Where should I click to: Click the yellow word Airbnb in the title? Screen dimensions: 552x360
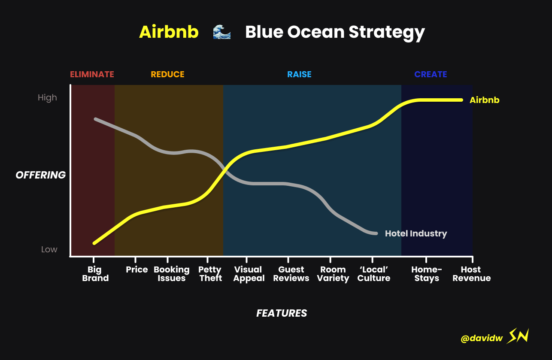point(169,32)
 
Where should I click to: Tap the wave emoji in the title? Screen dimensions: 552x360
point(222,32)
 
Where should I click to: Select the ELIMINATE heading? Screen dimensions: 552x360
point(92,74)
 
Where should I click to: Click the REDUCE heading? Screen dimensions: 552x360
point(167,74)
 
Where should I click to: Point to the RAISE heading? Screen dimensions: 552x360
point(300,74)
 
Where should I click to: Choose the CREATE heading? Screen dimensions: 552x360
point(431,74)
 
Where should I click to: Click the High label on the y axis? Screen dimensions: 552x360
point(47,98)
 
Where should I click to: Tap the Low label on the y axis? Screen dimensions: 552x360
point(49,249)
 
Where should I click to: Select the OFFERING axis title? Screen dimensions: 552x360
point(41,175)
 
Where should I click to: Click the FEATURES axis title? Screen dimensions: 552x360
point(282,313)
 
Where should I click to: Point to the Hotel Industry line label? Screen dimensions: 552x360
point(416,233)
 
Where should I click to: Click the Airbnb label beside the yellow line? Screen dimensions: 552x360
point(485,100)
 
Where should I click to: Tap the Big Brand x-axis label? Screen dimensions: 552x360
point(95,274)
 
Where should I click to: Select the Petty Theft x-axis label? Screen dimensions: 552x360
point(210,274)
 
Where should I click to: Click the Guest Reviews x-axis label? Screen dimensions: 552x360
point(291,274)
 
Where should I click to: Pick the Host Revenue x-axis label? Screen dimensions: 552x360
point(471,274)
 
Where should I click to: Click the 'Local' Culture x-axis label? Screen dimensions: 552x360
point(373,274)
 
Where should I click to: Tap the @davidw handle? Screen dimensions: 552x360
point(482,338)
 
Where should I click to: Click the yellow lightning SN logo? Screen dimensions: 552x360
point(518,336)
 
